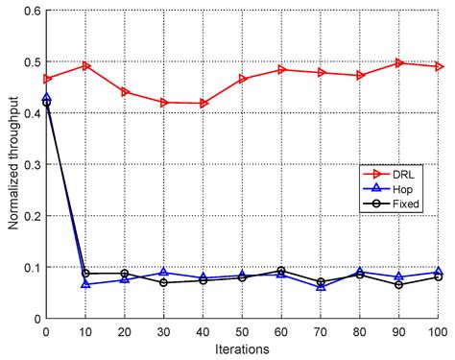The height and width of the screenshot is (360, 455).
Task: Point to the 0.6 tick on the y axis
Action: tap(32, 11)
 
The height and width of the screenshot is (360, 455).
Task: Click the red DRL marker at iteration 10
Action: tap(85, 66)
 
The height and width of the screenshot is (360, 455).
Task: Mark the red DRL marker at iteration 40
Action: tap(203, 103)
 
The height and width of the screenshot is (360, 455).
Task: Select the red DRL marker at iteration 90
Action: tap(399, 63)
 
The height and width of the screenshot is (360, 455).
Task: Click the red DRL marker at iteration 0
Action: tap(47, 79)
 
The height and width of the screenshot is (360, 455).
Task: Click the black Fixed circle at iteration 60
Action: tap(281, 271)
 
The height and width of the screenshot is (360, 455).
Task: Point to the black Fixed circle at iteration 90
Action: tap(399, 284)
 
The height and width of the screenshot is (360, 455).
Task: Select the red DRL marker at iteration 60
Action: tap(281, 70)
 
